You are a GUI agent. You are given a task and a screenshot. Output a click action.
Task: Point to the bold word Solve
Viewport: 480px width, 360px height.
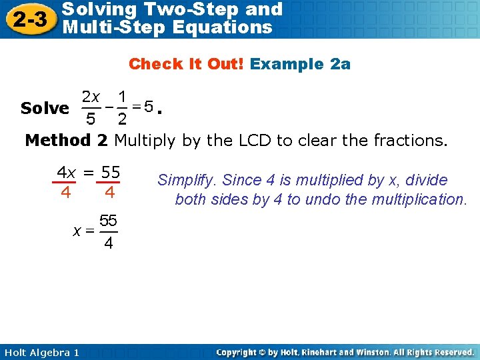tap(45, 108)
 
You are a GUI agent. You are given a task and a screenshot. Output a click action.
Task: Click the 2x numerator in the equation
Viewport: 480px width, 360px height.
tap(91, 97)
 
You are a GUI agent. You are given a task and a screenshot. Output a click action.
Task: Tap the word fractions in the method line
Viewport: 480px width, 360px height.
tap(408, 140)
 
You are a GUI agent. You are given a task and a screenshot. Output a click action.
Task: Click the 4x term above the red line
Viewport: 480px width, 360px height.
tap(66, 173)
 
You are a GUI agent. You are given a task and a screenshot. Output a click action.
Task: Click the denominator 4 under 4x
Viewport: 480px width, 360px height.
tap(65, 193)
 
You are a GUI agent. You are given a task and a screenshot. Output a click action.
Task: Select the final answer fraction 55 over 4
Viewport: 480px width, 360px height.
tap(107, 231)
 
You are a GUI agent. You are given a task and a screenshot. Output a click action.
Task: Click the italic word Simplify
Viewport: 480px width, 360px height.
tap(187, 180)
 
